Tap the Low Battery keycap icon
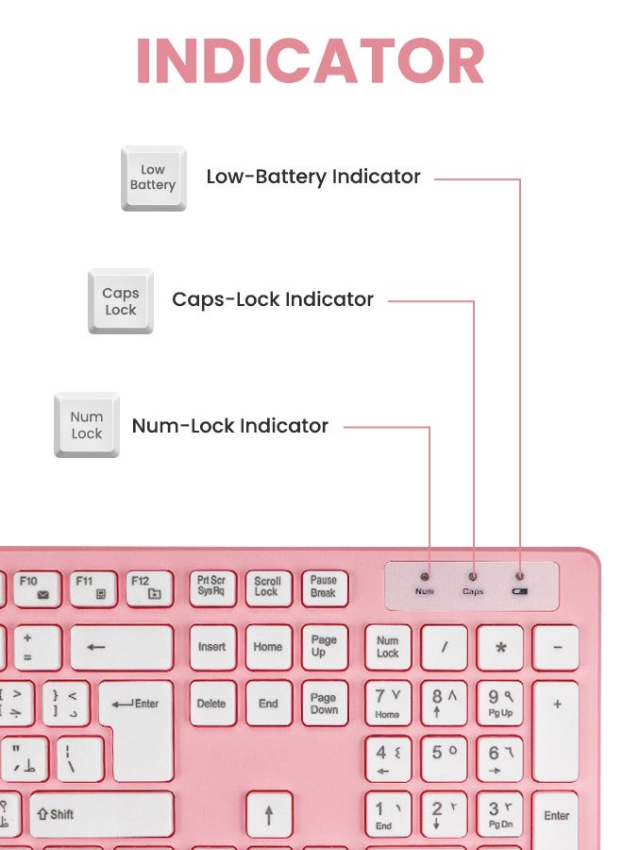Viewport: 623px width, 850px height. click(153, 178)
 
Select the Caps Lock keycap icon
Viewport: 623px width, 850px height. click(120, 301)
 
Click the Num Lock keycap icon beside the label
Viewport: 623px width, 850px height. click(87, 425)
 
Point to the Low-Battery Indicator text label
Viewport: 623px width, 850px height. click(313, 177)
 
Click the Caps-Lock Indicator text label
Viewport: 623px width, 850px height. click(273, 299)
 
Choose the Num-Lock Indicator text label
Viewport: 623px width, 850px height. click(230, 426)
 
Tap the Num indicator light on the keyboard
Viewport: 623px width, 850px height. click(425, 575)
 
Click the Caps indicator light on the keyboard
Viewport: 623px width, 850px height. click(473, 575)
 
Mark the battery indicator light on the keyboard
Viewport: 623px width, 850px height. click(520, 575)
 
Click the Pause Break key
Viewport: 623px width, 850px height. click(324, 586)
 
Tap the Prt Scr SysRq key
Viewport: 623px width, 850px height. click(211, 586)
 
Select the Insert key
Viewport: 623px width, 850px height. click(211, 648)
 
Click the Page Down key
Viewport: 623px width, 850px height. click(324, 704)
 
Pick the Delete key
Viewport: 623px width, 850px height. click(211, 704)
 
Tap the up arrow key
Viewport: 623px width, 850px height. click(268, 813)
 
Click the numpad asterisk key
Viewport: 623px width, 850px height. click(500, 648)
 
